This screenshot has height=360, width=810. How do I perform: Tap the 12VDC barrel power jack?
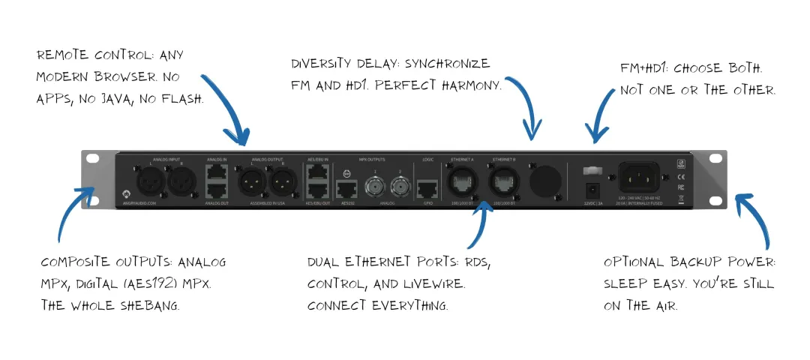point(593,189)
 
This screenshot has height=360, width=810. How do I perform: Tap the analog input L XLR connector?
point(145,180)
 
